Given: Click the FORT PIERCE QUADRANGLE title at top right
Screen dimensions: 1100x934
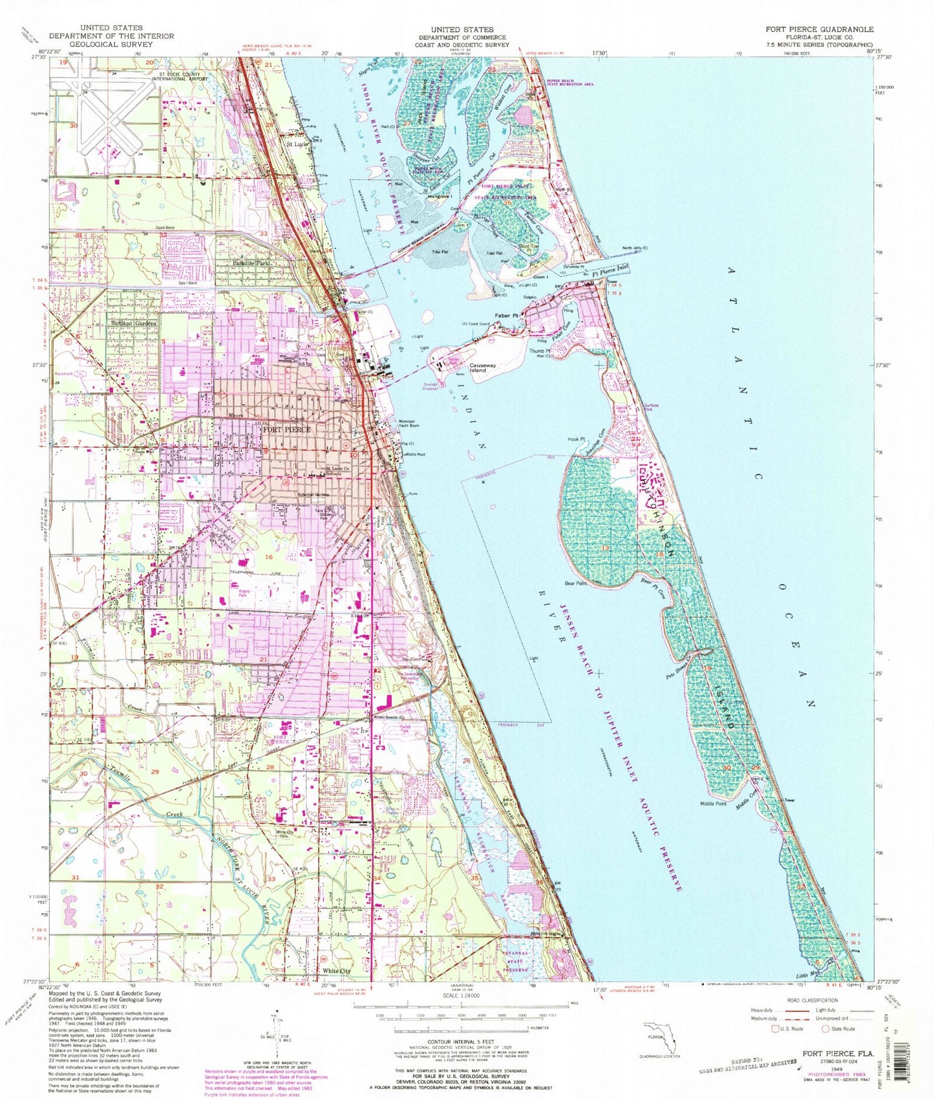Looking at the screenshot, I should click(x=819, y=29).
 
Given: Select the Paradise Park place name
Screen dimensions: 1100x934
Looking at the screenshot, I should click(x=251, y=264).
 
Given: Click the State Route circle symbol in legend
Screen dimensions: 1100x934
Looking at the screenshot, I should click(x=825, y=1029).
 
